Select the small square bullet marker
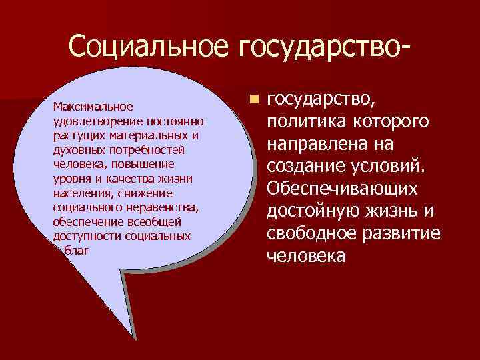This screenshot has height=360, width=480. point(253,100)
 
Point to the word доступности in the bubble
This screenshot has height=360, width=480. point(83,237)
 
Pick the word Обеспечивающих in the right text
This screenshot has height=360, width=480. point(342,189)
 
